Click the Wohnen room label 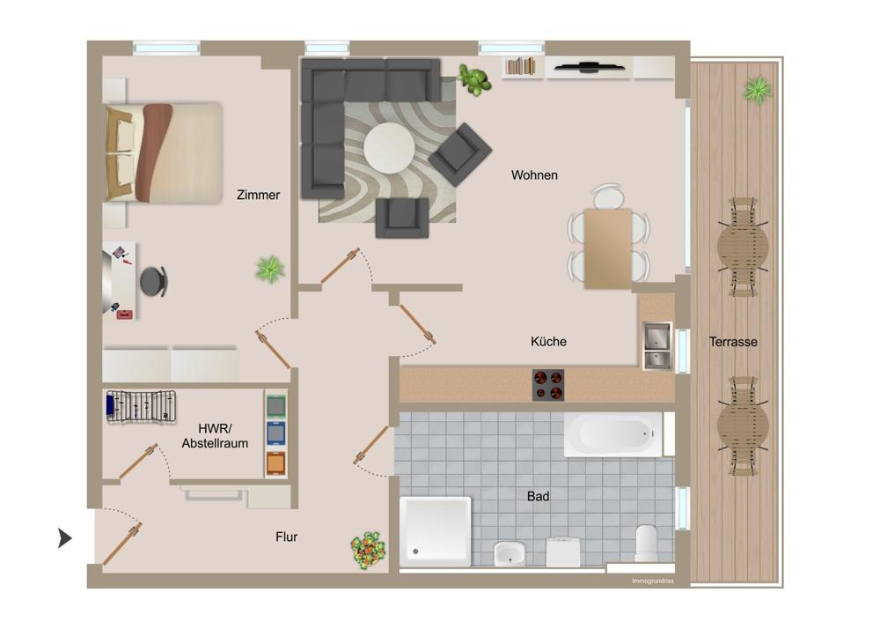534,175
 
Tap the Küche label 548,342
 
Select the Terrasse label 733,342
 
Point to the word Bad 538,496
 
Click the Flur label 286,537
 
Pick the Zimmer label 258,195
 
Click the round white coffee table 389,148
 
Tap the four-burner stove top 548,385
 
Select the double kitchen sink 657,346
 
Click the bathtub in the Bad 613,435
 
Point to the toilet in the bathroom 646,543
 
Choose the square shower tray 436,531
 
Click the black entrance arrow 65,537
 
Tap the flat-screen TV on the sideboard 590,68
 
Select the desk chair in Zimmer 153,281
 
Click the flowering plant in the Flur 368,551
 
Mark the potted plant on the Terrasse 759,89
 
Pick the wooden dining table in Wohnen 608,248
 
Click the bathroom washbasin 510,553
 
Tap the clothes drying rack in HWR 141,407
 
